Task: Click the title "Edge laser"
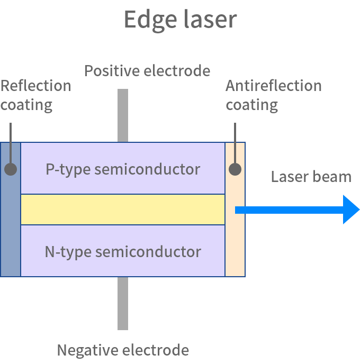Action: (180, 20)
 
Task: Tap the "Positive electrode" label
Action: (147, 71)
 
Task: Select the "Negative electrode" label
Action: (123, 350)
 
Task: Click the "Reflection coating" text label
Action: (35, 95)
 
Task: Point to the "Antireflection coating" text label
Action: (273, 95)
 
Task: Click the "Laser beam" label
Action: (311, 176)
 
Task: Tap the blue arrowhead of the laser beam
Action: (351, 210)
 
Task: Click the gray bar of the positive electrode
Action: (123, 114)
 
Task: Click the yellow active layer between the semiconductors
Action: (123, 210)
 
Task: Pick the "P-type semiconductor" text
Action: (123, 169)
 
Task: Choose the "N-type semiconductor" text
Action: (123, 251)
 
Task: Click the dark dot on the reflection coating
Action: (10, 169)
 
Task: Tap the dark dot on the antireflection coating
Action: (235, 169)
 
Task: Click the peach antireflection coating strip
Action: (235, 249)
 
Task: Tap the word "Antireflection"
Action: (273, 86)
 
